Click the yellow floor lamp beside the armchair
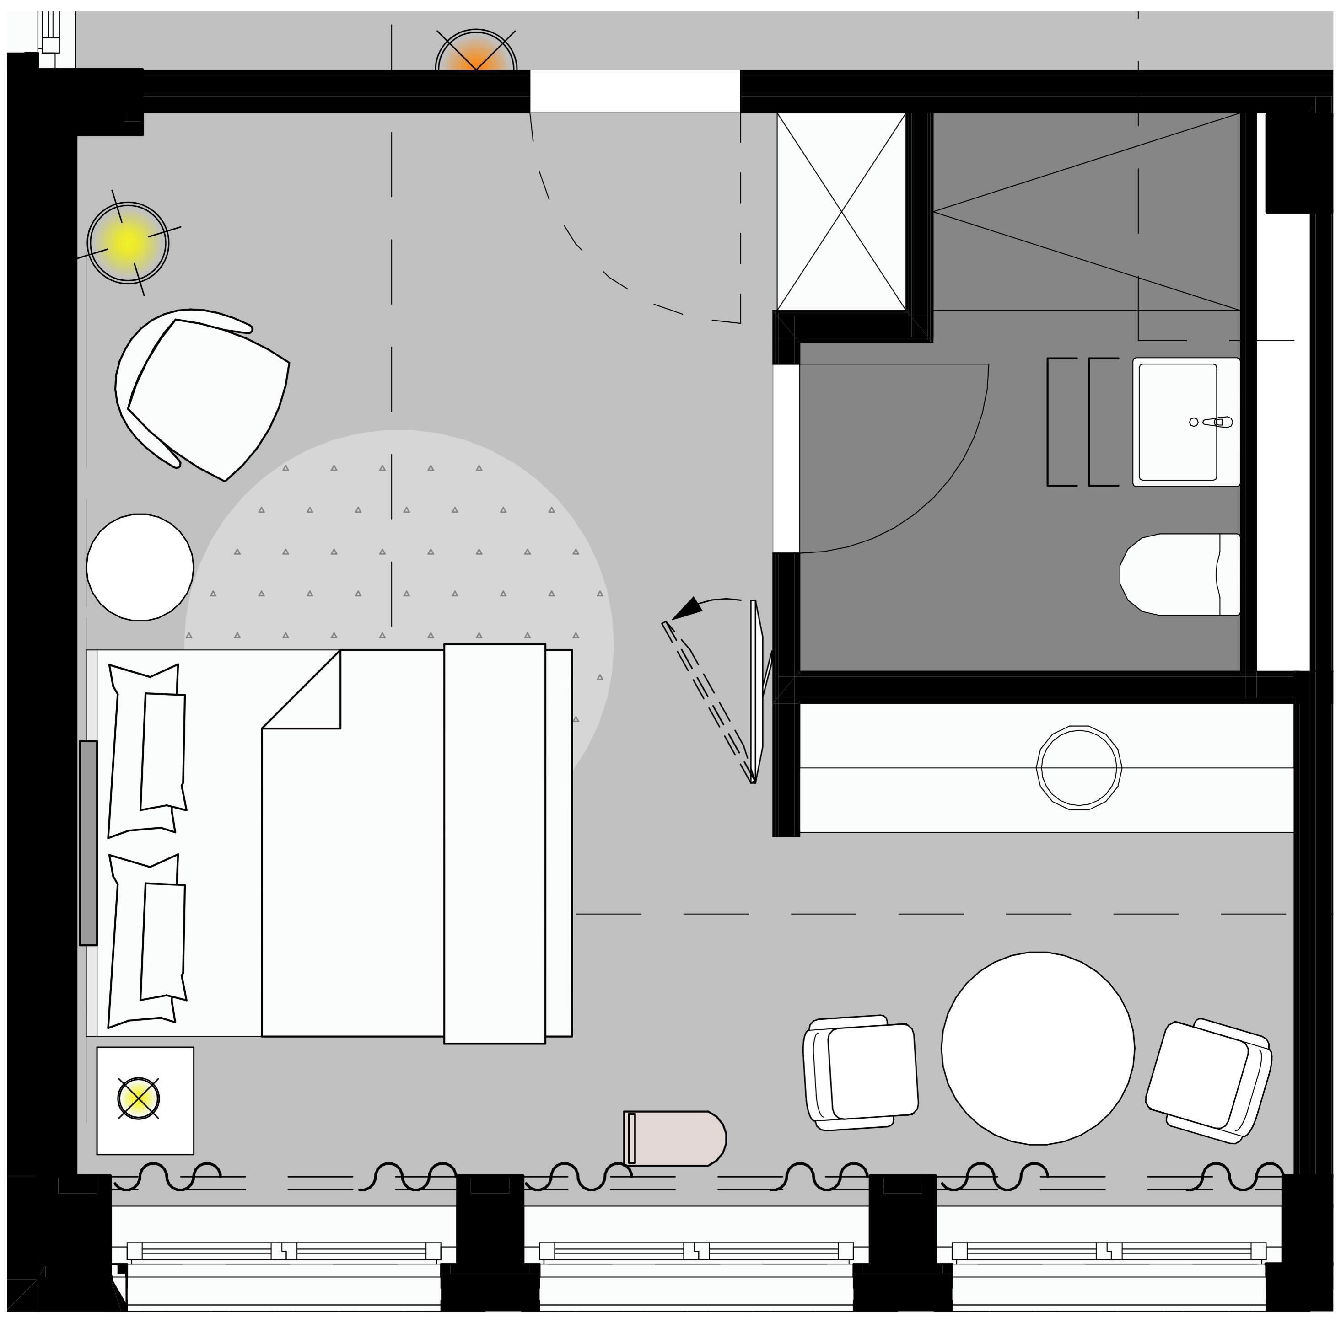click(x=129, y=242)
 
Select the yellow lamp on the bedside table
click(x=139, y=1098)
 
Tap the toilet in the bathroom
click(x=1180, y=574)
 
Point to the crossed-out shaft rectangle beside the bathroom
click(x=841, y=212)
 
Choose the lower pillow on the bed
click(x=148, y=940)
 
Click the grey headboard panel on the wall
click(x=88, y=843)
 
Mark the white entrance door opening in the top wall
click(x=635, y=91)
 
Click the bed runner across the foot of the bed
click(x=494, y=843)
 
